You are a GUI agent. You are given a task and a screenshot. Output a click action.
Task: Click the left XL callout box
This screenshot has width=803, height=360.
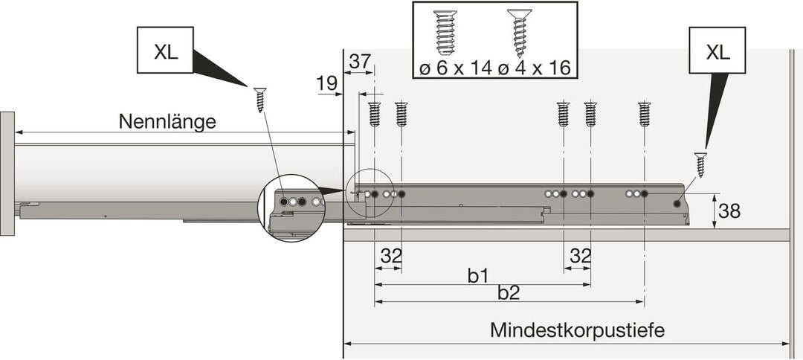tap(165, 50)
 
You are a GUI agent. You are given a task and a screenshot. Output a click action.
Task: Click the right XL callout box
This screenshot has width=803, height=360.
tap(717, 50)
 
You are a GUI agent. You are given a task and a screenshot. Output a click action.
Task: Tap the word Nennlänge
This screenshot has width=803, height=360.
tap(167, 122)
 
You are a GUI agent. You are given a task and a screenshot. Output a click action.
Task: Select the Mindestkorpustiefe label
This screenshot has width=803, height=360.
tap(577, 330)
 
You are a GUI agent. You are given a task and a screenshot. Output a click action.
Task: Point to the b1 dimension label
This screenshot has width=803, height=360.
tap(477, 276)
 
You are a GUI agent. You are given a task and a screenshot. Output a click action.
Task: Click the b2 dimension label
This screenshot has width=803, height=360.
tap(509, 293)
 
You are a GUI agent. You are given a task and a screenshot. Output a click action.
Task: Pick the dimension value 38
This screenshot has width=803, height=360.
tap(729, 210)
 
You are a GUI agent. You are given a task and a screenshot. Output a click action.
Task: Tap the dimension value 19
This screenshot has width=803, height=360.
tap(326, 83)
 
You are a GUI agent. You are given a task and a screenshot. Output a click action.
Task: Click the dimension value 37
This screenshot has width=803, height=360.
tap(361, 62)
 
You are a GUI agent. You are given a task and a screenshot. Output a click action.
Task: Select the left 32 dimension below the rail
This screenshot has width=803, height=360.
tap(390, 256)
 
